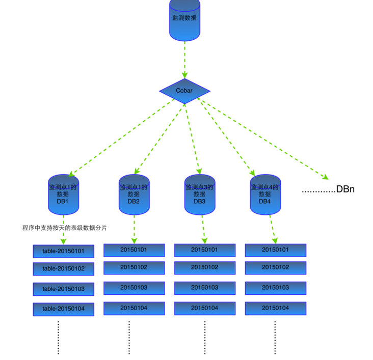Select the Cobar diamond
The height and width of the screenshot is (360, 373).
tap(184, 91)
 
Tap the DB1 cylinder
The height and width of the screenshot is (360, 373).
tap(63, 194)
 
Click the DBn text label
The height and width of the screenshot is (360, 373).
tap(345, 189)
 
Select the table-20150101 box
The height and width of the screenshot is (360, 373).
tap(63, 251)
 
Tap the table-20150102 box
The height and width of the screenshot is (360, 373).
tap(63, 268)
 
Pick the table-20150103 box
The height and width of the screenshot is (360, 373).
tap(63, 289)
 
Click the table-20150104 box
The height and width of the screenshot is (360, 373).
tap(63, 309)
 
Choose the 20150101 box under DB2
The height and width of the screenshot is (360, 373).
tap(134, 250)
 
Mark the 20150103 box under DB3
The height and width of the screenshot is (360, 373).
tap(204, 288)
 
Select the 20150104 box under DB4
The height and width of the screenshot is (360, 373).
tap(275, 308)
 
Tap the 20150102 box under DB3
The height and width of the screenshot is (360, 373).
tap(204, 267)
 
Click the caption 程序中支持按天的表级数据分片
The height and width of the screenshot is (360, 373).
tap(65, 228)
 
